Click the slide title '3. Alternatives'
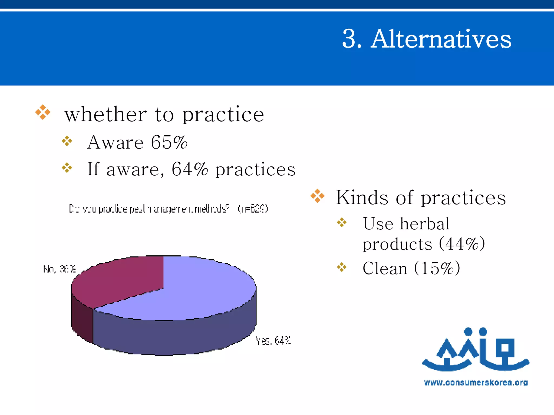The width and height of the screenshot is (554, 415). pyautogui.click(x=427, y=39)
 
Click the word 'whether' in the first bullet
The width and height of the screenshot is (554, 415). pyautogui.click(x=105, y=114)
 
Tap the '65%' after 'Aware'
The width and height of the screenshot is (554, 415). pyautogui.click(x=169, y=142)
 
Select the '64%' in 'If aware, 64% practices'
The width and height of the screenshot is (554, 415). pyautogui.click(x=190, y=169)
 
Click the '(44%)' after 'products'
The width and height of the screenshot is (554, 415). pyautogui.click(x=462, y=244)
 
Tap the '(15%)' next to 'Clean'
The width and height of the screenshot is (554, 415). pyautogui.click(x=437, y=268)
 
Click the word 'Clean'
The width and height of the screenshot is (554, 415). pyautogui.click(x=385, y=268)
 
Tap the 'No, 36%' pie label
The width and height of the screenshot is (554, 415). pyautogui.click(x=60, y=269)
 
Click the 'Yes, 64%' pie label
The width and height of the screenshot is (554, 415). pyautogui.click(x=273, y=341)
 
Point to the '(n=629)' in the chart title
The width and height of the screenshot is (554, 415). pyautogui.click(x=253, y=209)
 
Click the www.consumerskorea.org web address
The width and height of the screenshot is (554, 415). pyautogui.click(x=476, y=383)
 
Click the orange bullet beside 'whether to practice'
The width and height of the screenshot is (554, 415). pyautogui.click(x=43, y=112)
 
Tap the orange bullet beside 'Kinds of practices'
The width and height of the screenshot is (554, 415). pyautogui.click(x=317, y=196)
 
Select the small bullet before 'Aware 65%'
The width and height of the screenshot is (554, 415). pyautogui.click(x=67, y=141)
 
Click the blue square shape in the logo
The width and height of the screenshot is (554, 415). pyautogui.click(x=504, y=348)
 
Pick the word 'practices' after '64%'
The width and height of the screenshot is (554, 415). pyautogui.click(x=255, y=169)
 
